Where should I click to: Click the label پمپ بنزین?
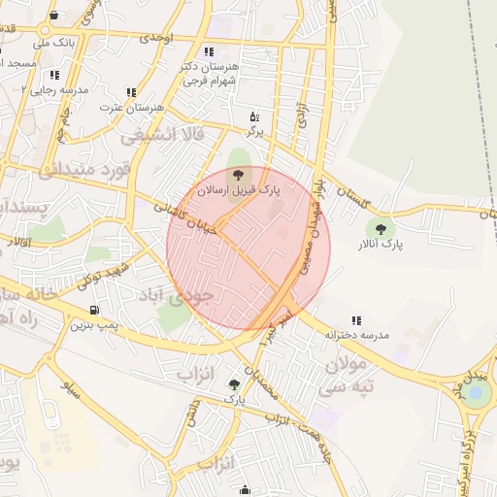pyautogui.click(x=95, y=325)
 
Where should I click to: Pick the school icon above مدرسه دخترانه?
pyautogui.click(x=356, y=319)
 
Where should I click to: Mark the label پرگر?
pyautogui.click(x=254, y=130)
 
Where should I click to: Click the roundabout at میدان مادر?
pyautogui.click(x=476, y=393)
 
